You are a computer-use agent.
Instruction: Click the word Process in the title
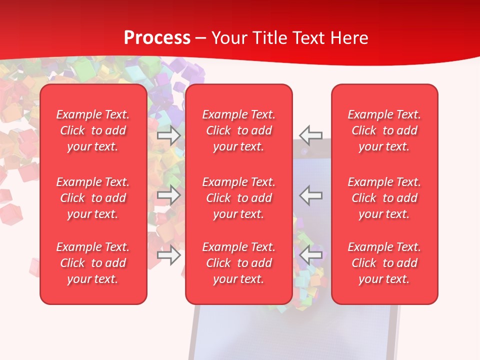pos(157,38)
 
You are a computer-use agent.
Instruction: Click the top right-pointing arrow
pos(169,135)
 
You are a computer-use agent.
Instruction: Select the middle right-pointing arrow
pos(169,195)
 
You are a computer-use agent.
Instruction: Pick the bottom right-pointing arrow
pos(169,255)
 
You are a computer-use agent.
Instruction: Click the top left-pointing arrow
pos(311,135)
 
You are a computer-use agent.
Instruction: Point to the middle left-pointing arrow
pos(311,195)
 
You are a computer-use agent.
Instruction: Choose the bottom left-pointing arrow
pos(311,255)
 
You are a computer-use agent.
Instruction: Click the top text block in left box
pos(93,130)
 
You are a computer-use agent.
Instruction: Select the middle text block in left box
pos(93,198)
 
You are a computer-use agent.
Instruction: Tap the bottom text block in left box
pos(93,263)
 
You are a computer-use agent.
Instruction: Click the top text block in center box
pos(239,130)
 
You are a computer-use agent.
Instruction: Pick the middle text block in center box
pos(239,198)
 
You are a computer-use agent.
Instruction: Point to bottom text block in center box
pos(239,263)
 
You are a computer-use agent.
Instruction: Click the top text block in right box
pos(384,130)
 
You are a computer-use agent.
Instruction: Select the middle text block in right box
pos(384,198)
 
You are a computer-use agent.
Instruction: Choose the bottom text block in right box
pos(384,263)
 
